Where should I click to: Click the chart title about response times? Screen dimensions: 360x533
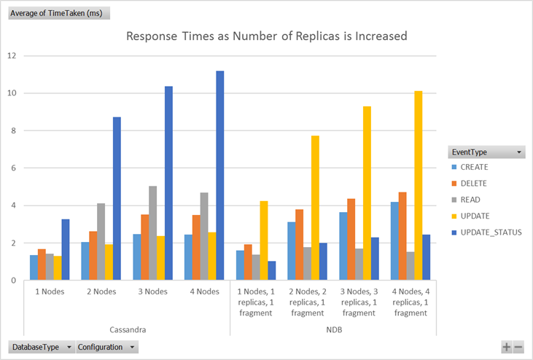pos(267,36)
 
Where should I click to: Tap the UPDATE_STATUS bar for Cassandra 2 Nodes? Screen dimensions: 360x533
pos(117,198)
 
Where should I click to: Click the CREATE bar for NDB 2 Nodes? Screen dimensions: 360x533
pos(292,251)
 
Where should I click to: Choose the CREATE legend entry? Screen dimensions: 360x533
pos(474,168)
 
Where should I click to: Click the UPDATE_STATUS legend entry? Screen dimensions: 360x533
pos(487,232)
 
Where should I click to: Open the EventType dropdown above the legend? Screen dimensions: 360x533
pos(486,152)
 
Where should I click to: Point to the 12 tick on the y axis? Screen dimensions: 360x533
pos(12,55)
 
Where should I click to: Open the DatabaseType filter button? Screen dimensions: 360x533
pos(41,348)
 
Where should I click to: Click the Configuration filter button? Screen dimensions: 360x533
pos(106,348)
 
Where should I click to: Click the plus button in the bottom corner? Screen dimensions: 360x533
pos(507,348)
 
